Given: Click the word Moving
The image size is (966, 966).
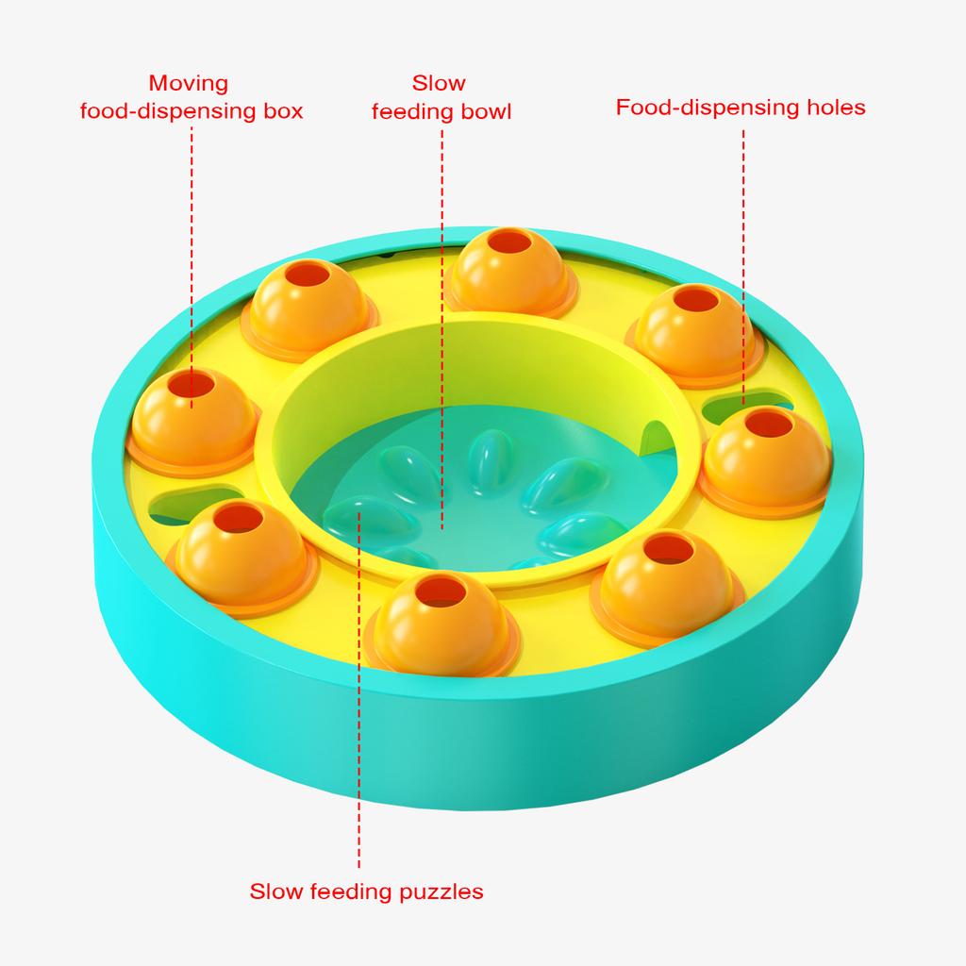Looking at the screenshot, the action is pyautogui.click(x=189, y=83).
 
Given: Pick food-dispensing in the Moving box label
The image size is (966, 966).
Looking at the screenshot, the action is pyautogui.click(x=168, y=111).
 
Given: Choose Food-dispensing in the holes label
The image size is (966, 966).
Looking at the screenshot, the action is pyautogui.click(x=708, y=108).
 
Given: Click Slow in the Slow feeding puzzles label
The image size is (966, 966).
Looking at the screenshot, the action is pyautogui.click(x=276, y=891).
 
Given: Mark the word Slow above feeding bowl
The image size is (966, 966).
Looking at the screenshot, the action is pyautogui.click(x=439, y=83).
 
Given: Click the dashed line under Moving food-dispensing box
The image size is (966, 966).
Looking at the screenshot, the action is pyautogui.click(x=192, y=267).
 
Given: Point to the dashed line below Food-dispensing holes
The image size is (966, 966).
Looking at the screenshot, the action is pyautogui.click(x=743, y=267).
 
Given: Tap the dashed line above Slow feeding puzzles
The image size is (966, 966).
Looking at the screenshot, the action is pyautogui.click(x=359, y=690).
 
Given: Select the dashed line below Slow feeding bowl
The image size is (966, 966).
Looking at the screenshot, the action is pyautogui.click(x=441, y=329).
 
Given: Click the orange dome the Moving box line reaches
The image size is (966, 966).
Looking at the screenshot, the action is pyautogui.click(x=193, y=420).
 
